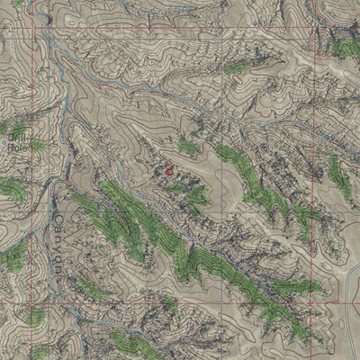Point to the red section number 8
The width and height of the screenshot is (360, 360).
pos(168,168)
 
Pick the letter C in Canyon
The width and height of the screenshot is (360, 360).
pos(60,216)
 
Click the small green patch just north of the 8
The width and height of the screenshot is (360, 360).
pos(186,147)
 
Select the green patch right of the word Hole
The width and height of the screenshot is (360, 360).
pos(36,144)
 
